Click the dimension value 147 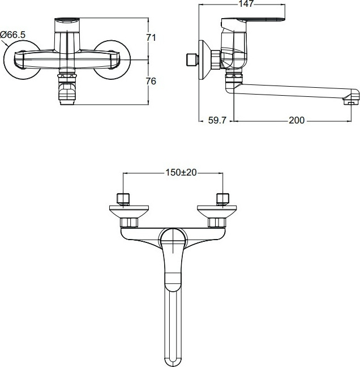(245, 3)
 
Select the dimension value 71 (151, 37)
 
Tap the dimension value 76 (151, 80)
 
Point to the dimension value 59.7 (217, 120)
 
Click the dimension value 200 (296, 120)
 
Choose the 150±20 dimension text (173, 172)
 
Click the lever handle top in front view (67, 23)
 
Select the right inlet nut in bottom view (222, 198)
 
